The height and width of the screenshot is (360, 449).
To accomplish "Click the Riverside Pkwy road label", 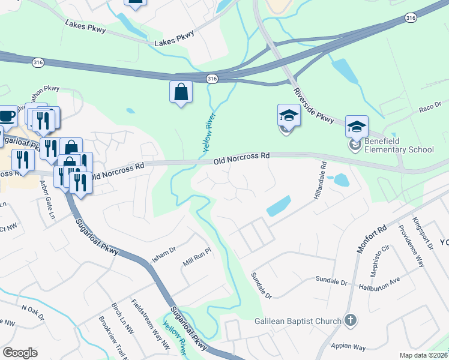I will pos(314,107).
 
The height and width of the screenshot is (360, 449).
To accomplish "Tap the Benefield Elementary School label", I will pos(399,149).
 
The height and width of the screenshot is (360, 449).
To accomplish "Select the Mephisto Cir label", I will pos(380,259).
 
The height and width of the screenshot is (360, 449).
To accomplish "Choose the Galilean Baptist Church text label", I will pos(298,321).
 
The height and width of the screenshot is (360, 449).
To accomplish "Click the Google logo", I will pos(20,353).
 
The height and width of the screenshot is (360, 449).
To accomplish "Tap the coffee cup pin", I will pos(6,116).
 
